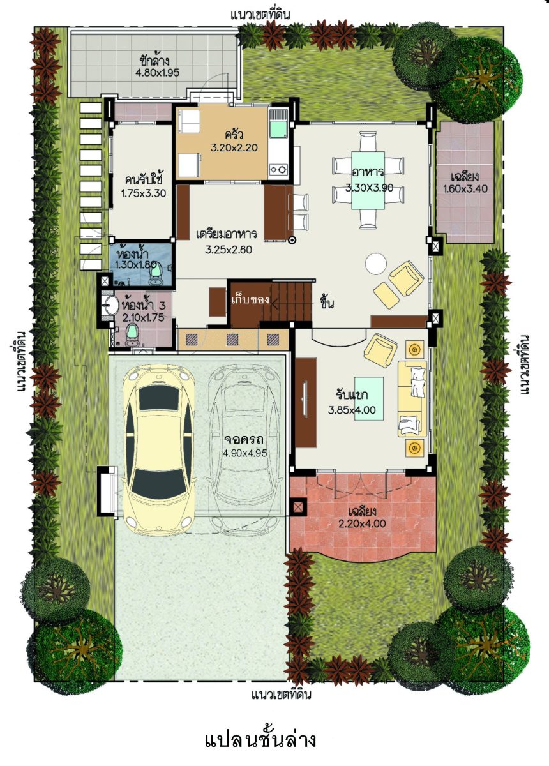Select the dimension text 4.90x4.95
tap(245, 454)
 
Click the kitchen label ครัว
tap(234, 135)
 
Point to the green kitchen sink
tap(278, 129)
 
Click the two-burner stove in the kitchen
tap(278, 169)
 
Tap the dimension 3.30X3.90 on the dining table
tap(369, 188)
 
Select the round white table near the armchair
tap(376, 263)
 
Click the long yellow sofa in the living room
tap(412, 398)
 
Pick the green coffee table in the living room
tap(369, 398)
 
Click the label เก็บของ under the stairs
tap(250, 300)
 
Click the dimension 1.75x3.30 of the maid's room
tap(144, 193)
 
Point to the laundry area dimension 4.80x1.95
tap(157, 73)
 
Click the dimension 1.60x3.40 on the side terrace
tap(465, 188)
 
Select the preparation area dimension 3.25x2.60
tap(229, 250)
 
